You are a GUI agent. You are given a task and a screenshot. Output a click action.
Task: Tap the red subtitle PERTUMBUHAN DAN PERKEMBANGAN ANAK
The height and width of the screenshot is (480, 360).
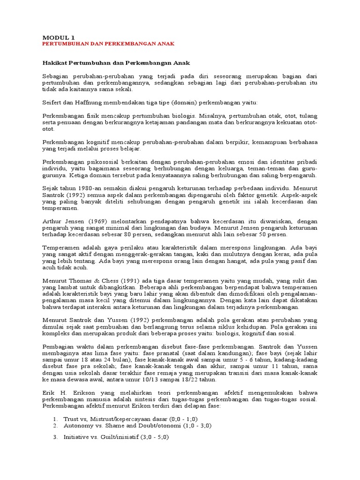108,44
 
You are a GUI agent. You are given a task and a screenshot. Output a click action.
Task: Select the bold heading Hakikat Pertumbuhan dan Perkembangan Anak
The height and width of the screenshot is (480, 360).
116,63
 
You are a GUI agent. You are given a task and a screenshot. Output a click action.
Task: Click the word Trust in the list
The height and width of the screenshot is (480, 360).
71,418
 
